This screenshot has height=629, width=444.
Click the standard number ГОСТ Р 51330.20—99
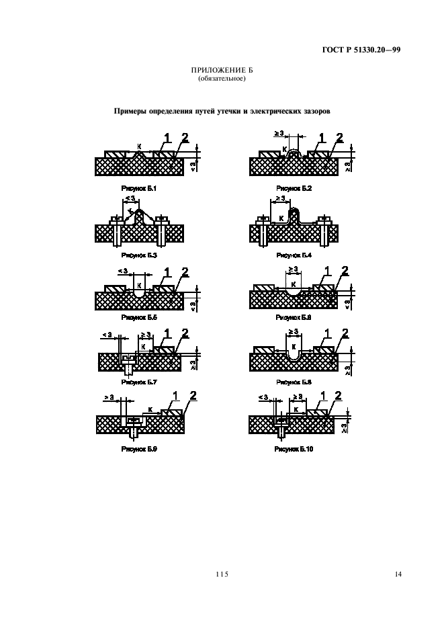tap(362, 49)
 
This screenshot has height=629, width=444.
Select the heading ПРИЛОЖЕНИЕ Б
tap(222, 71)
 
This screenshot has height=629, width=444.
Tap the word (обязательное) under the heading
tap(222, 79)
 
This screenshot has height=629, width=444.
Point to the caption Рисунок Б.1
tap(138, 189)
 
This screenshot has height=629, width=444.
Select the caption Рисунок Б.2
tap(294, 189)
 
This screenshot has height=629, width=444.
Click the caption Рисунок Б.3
tap(138, 255)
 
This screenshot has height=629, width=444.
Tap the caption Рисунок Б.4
tap(294, 255)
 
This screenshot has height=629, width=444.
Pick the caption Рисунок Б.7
tap(138, 382)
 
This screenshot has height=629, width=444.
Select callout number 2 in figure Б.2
tap(340, 138)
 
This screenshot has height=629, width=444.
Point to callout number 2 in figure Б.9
tap(193, 396)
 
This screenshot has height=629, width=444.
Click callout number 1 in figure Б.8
tap(326, 333)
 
